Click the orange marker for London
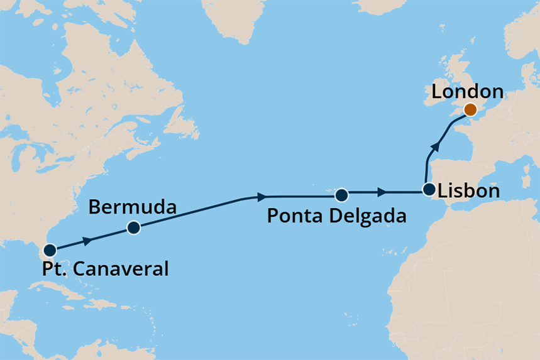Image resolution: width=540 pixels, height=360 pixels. pyautogui.click(x=470, y=111)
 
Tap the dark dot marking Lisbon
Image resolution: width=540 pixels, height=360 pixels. pyautogui.click(x=429, y=188)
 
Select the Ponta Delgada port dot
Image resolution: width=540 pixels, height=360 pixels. pyautogui.click(x=341, y=194)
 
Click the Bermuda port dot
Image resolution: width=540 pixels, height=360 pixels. pyautogui.click(x=133, y=228)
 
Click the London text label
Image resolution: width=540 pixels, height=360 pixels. pyautogui.click(x=467, y=92)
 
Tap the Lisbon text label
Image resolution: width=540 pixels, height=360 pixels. pyautogui.click(x=470, y=191)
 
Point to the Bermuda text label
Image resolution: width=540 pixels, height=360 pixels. pyautogui.click(x=132, y=207)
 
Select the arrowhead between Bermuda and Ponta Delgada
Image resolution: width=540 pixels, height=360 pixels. pyautogui.click(x=262, y=197)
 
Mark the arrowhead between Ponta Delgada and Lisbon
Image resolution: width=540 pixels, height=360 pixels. pyautogui.click(x=382, y=191)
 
